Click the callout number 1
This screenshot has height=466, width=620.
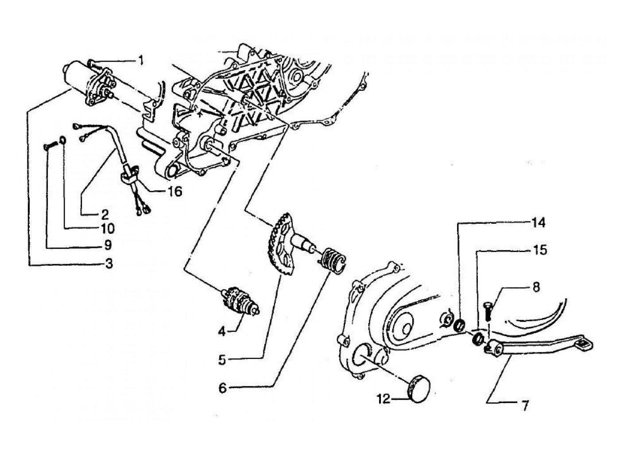pos(140,60)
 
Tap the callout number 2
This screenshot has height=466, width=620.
pos(105,214)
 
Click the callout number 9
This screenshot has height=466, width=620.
pos(108,245)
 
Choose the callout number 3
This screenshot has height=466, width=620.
pos(108,264)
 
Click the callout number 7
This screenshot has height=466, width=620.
pos(525,405)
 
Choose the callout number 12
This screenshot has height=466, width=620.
pos(384,399)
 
